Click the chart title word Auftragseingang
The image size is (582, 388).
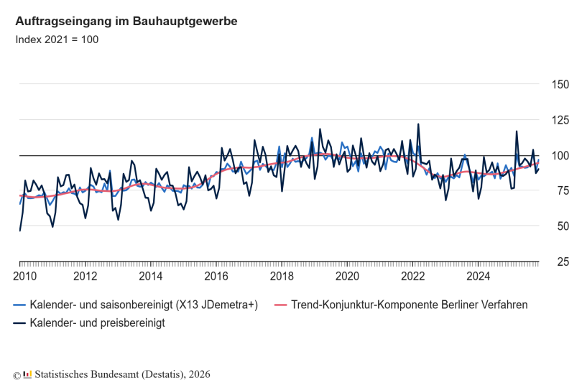click(59, 22)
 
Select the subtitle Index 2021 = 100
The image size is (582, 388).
click(57, 40)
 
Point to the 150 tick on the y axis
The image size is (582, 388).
click(560, 85)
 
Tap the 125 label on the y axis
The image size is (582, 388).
click(560, 120)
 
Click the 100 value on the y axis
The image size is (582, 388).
click(560, 156)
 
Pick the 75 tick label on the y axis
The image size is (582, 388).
click(560, 191)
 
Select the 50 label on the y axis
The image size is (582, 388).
click(560, 226)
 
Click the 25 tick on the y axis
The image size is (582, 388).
click(560, 262)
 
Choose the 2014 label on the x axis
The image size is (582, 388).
click(151, 277)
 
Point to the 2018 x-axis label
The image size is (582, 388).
click(282, 277)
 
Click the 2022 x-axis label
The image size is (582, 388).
click(413, 277)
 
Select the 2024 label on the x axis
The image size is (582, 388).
click(479, 277)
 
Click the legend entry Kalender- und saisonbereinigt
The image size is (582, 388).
click(144, 305)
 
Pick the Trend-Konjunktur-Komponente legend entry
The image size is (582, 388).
click(410, 305)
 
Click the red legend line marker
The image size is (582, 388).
click(282, 305)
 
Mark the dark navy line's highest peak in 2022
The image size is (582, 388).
click(418, 124)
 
